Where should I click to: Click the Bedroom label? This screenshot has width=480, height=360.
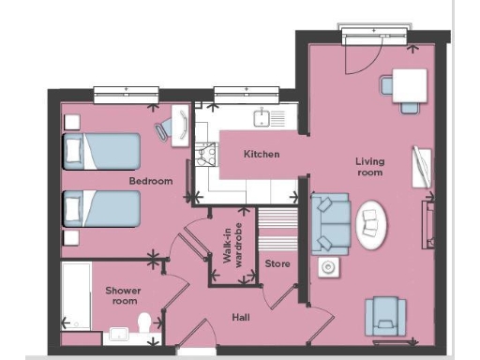coord(151,180)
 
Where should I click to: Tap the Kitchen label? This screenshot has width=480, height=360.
coord(262,154)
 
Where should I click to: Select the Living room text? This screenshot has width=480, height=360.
coord(369,167)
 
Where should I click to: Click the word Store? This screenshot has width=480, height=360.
coord(277,263)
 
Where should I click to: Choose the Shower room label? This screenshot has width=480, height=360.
coord(122,295)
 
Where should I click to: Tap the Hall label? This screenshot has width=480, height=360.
coord(241,317)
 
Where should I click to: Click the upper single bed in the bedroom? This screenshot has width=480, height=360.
coord(100,150)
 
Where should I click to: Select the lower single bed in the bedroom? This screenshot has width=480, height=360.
coord(100,209)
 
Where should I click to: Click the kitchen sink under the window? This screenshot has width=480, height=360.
coord(265,118)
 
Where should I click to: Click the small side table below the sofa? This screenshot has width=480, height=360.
coord(329,267)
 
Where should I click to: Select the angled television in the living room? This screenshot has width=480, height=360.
coord(423,169)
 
